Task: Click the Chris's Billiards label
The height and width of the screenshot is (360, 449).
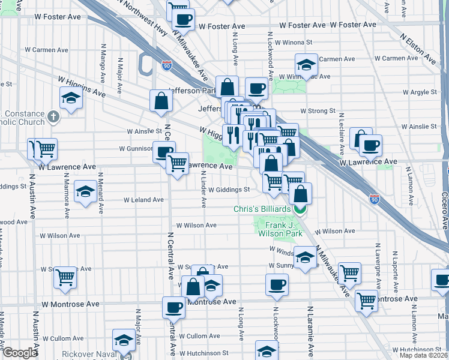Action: (262, 209)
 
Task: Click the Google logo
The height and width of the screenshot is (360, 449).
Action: (20, 353)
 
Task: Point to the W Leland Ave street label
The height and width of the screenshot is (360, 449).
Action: (143, 200)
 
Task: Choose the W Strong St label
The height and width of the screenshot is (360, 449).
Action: (318, 111)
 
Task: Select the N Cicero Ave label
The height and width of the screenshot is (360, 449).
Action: (445, 210)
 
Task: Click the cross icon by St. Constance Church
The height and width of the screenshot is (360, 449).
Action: (53, 116)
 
